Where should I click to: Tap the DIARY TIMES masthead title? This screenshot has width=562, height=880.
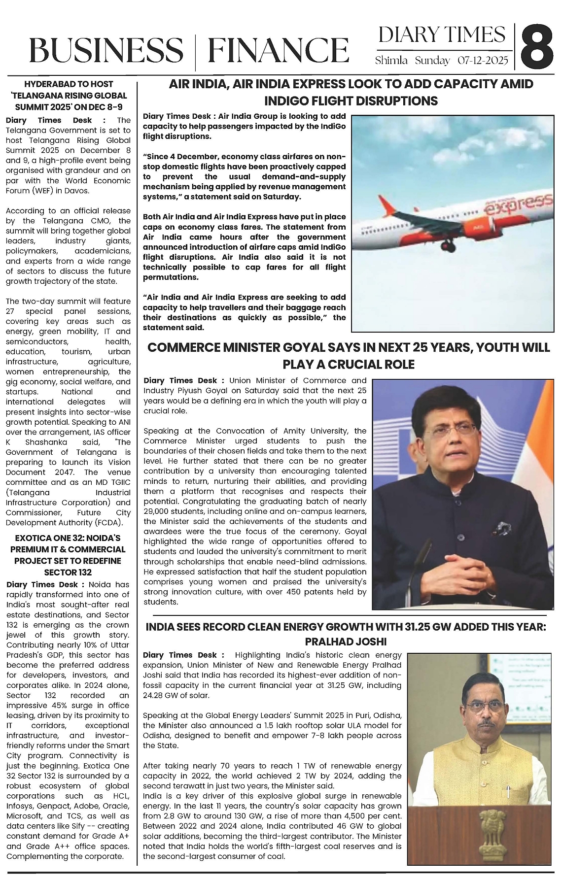[x=442, y=35]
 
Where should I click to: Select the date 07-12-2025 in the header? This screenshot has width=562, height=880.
[x=483, y=61]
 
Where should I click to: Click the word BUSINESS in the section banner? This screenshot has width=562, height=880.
[x=105, y=50]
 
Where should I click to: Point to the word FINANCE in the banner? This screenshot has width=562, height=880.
[x=278, y=50]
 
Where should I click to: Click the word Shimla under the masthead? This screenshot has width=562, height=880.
[x=391, y=61]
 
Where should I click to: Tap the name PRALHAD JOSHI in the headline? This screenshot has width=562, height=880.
[x=346, y=642]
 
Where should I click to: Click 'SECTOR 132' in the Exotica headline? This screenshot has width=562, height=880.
[x=68, y=572]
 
